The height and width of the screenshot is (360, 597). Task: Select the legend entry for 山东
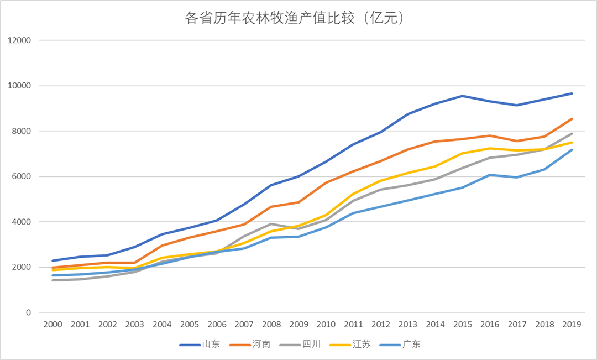tap(211, 345)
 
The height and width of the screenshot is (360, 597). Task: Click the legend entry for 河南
tap(261, 345)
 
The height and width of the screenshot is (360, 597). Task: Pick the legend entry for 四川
tap(312, 345)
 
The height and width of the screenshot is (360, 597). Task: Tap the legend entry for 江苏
tap(362, 345)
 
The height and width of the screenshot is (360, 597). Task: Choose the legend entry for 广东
tap(411, 345)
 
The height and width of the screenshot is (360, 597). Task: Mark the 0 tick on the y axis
tap(28, 312)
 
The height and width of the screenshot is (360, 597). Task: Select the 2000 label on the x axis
tap(53, 325)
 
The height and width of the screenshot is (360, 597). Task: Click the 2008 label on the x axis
tap(271, 325)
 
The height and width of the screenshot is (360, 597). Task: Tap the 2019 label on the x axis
tap(572, 325)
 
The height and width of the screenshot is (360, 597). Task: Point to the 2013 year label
tap(408, 325)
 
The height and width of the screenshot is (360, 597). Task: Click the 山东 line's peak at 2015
tap(463, 96)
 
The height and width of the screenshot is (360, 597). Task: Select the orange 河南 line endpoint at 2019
tap(572, 119)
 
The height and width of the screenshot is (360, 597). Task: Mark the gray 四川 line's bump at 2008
tap(271, 224)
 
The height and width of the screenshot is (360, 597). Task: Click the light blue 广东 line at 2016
tap(490, 175)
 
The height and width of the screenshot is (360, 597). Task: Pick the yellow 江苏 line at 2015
tap(463, 153)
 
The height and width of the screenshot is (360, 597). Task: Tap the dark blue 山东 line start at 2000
tap(53, 260)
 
